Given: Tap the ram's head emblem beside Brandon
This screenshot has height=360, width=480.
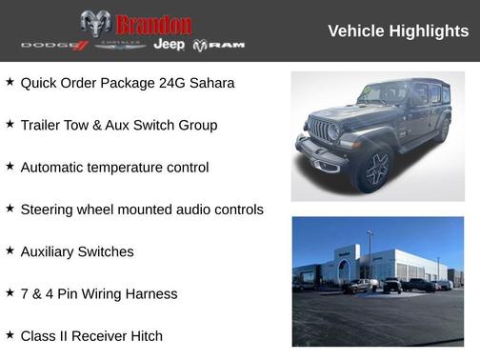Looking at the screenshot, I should coord(95,24).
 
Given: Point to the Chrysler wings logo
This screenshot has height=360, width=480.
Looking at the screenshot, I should coord(119,46).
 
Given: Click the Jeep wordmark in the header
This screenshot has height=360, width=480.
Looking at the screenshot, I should coord(169,45).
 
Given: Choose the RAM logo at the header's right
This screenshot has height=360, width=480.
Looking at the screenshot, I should coord(219,45).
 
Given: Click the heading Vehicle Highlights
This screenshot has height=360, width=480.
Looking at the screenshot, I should coord(398,31).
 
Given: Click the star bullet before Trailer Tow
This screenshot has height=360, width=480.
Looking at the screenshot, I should coord(10,124).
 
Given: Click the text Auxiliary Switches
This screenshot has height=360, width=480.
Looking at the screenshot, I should coord(77,251).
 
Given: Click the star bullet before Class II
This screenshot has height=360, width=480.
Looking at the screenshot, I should coord(10,334).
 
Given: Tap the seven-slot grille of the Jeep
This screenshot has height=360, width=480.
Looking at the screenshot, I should coord(321,130).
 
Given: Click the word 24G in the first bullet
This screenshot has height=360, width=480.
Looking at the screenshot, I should coord(164,83).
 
